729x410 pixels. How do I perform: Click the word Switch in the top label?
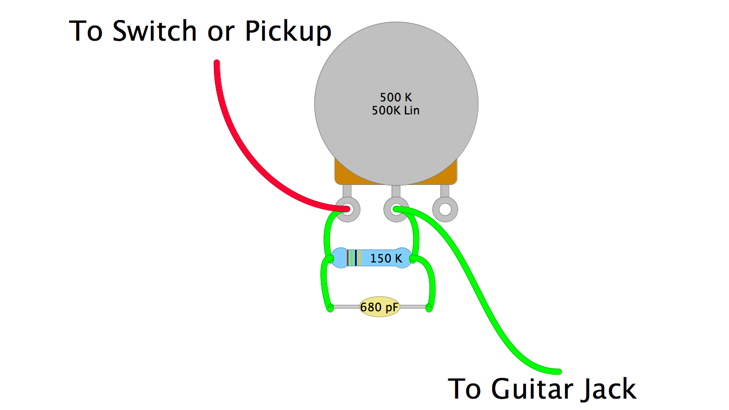tap(157, 31)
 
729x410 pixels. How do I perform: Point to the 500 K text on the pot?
tap(396, 98)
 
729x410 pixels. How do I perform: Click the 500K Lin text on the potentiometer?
tap(396, 111)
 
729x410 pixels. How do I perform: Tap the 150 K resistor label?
tap(386, 259)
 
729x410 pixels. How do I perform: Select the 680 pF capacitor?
tap(379, 307)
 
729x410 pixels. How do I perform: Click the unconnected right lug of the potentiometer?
tap(445, 209)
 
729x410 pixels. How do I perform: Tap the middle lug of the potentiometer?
tap(396, 209)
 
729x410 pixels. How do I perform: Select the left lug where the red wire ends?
tap(348, 209)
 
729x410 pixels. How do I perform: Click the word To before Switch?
tap(86, 31)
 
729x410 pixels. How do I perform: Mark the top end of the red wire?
tap(217, 64)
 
